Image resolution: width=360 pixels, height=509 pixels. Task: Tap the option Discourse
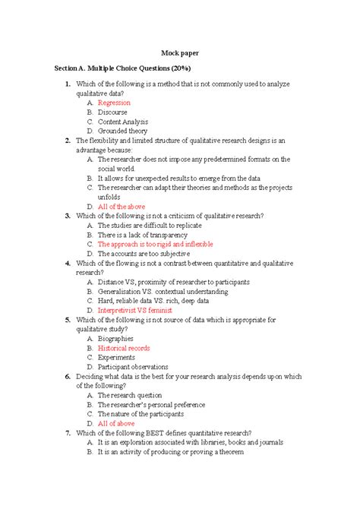coord(113,112)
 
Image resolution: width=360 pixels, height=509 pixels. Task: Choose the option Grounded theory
coord(122,131)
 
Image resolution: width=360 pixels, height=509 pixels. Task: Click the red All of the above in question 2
coord(120,206)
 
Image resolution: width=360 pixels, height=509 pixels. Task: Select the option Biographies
coord(115,339)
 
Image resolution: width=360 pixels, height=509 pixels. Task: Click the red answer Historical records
coord(124,348)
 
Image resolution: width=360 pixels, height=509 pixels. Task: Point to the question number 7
coord(68,432)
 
